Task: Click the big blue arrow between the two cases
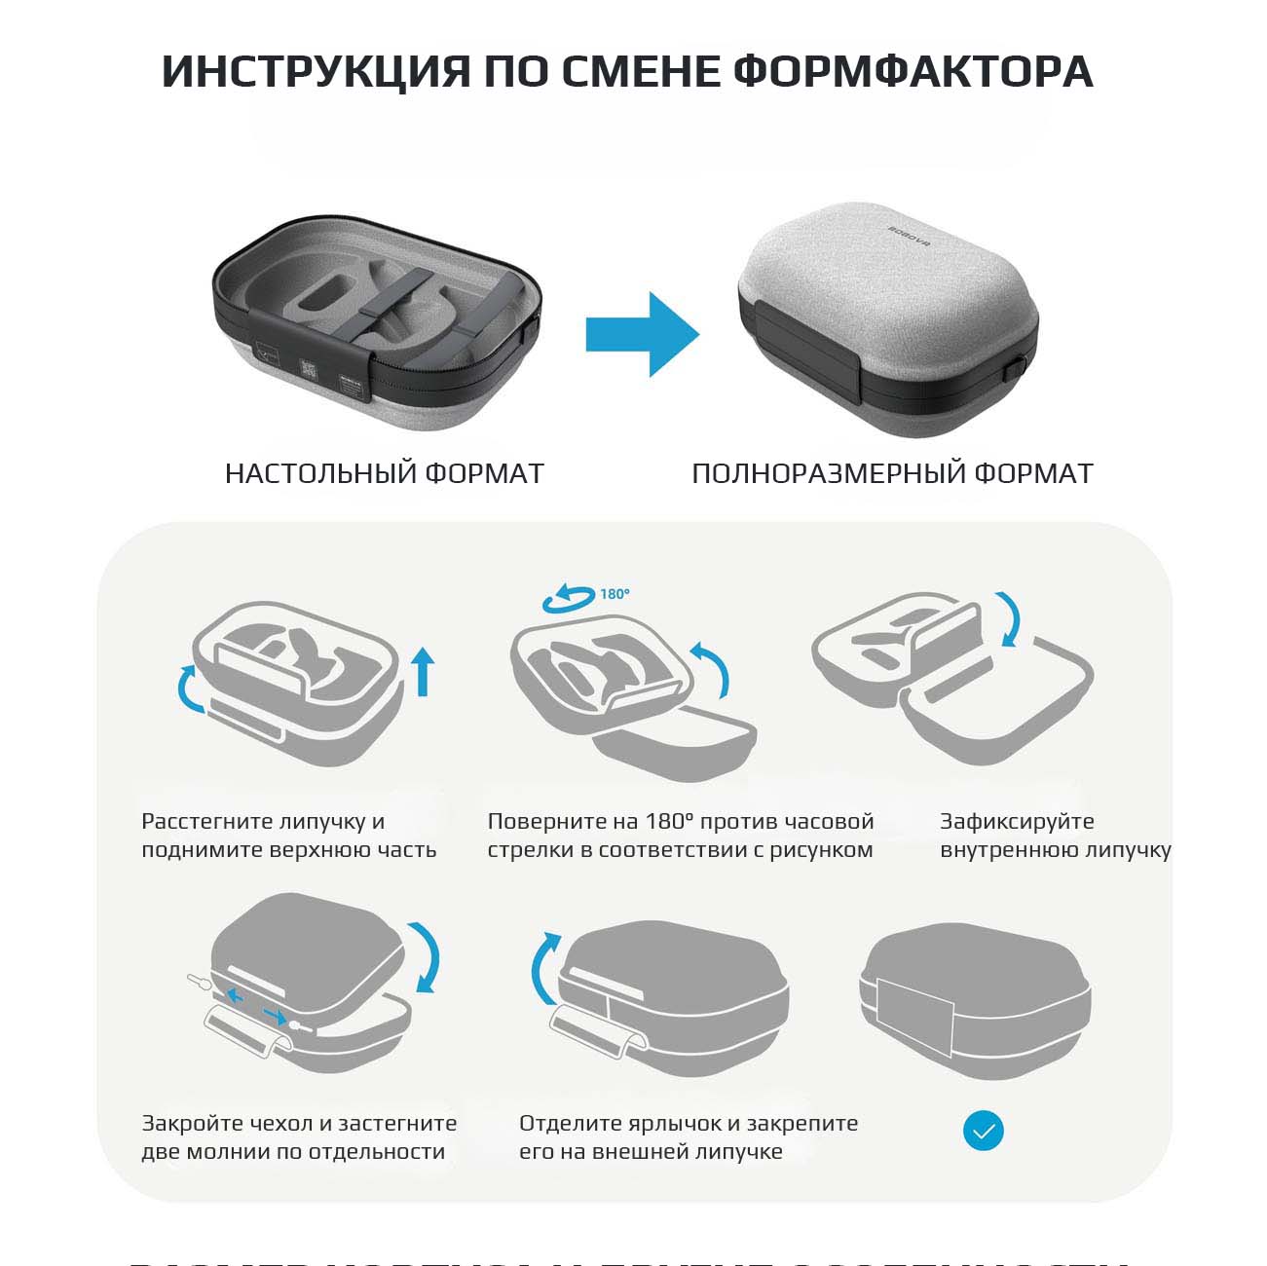[x=642, y=334]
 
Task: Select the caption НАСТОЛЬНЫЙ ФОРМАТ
[x=384, y=473]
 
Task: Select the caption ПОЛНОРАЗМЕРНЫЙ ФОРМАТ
[x=892, y=473]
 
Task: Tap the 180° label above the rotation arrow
[x=615, y=593]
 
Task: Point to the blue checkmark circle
[x=983, y=1131]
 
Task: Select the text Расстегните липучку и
[x=263, y=821]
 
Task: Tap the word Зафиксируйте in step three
[x=1017, y=821]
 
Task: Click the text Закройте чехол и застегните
[x=299, y=1123]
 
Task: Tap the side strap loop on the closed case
[x=1017, y=370]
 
